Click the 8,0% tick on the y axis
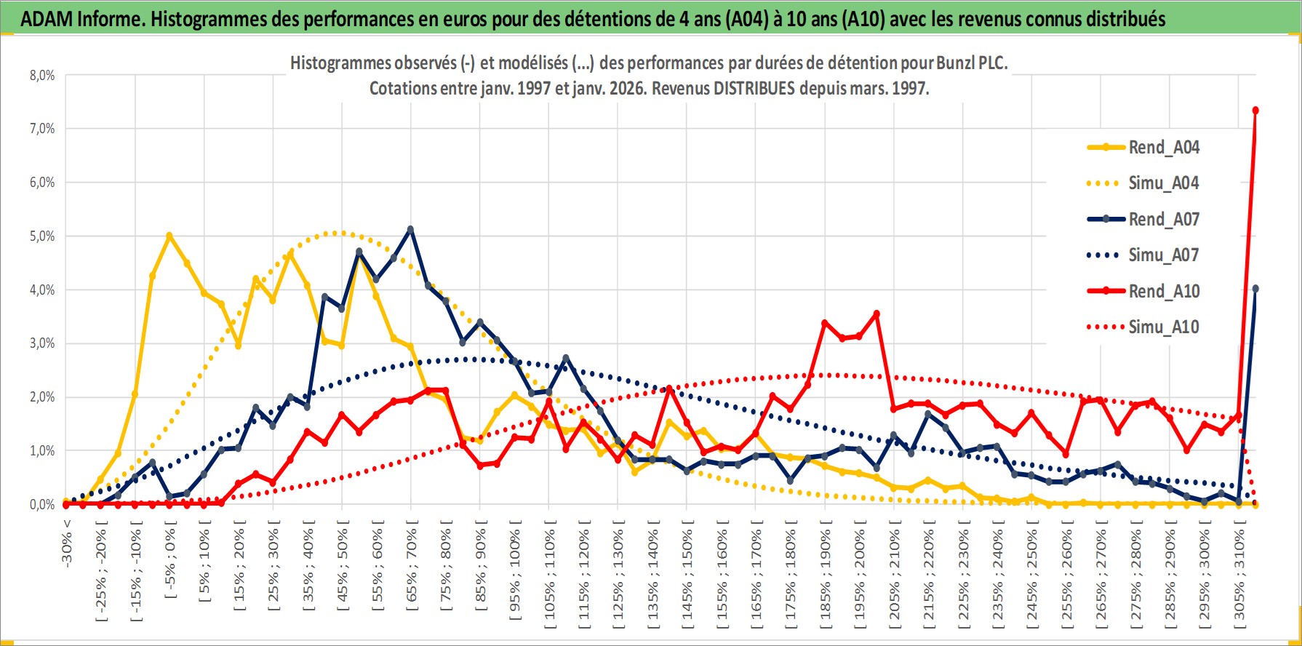tap(42, 76)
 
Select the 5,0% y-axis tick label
tap(42, 236)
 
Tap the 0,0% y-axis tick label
tap(42, 505)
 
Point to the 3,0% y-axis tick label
tap(42, 343)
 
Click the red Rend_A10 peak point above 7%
tap(1255, 111)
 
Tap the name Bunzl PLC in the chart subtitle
tap(971, 63)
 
